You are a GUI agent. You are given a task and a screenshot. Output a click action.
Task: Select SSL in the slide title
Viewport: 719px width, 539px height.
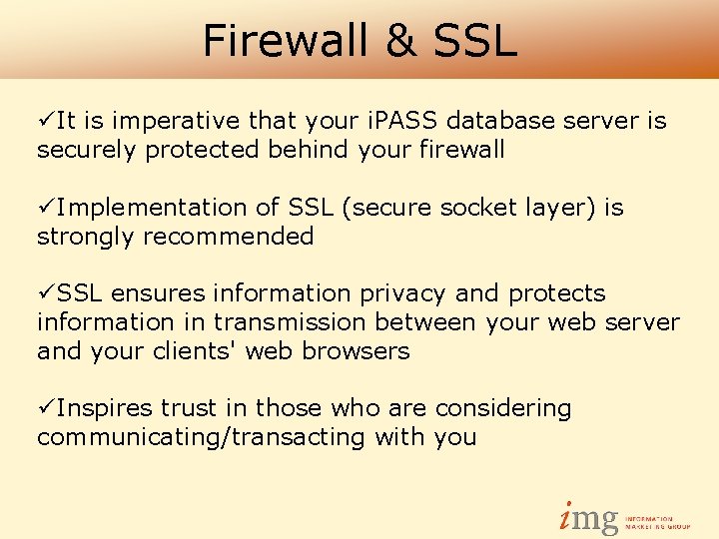pos(476,41)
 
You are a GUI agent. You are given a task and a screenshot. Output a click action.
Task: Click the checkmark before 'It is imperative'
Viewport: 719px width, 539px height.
pos(45,121)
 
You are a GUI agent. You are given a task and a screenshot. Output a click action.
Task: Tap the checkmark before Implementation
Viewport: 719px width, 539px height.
pos(45,208)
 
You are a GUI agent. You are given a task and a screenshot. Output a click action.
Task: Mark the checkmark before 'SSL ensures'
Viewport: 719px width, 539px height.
pos(45,293)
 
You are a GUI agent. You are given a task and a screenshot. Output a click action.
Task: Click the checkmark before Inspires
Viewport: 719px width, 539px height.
pos(45,408)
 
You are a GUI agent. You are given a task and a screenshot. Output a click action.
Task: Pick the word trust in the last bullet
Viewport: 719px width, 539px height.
pos(189,408)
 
